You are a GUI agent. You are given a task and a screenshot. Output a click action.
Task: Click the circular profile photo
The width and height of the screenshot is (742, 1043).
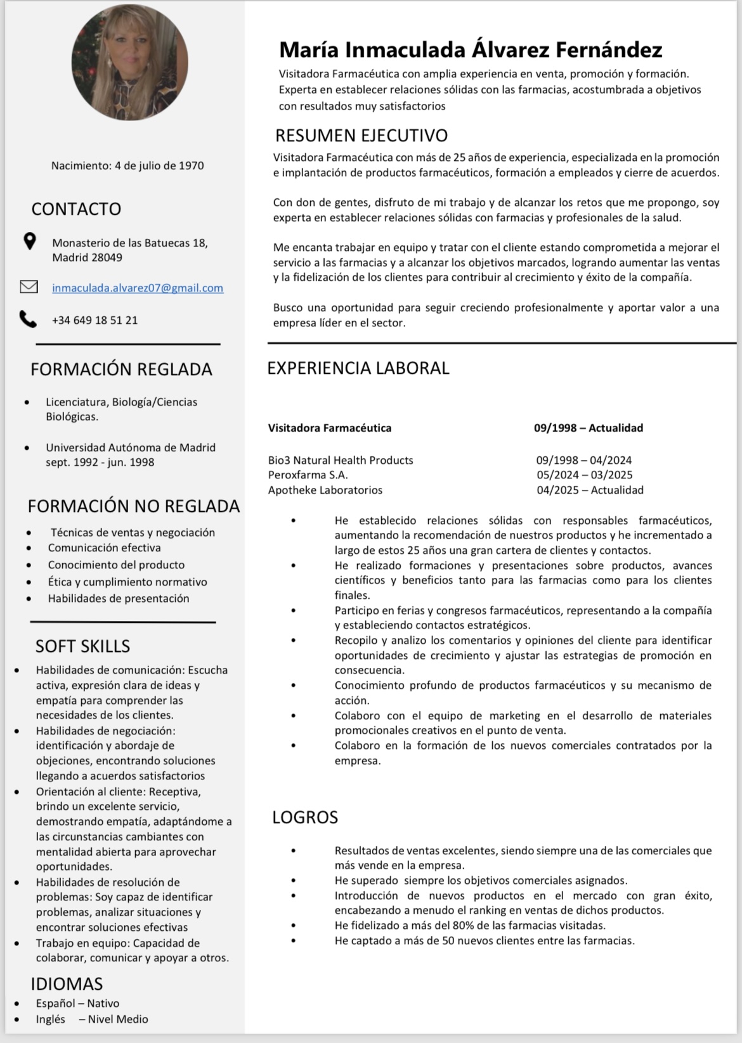(x=129, y=62)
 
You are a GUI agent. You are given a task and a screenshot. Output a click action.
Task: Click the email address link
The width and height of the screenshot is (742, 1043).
(x=138, y=288)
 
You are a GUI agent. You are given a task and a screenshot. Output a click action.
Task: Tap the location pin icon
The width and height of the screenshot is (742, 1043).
(x=29, y=241)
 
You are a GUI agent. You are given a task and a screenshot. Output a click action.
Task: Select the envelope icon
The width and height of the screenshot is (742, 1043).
(x=29, y=287)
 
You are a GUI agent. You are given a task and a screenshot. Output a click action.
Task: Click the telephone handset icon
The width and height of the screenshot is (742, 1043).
(x=28, y=319)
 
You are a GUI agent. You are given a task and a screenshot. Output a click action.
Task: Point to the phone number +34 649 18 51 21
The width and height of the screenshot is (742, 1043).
(x=94, y=320)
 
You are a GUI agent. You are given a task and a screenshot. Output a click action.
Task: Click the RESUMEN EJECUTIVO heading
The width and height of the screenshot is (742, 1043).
(x=361, y=135)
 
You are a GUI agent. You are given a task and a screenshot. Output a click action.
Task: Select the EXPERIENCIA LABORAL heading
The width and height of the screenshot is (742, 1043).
(x=358, y=368)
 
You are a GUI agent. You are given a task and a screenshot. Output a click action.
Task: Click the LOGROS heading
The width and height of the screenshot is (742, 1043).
(x=305, y=817)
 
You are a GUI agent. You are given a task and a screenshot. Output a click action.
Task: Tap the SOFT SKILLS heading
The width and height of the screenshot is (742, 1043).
(x=82, y=646)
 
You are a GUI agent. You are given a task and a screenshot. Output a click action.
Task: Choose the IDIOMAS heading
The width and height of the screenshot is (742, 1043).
(x=67, y=983)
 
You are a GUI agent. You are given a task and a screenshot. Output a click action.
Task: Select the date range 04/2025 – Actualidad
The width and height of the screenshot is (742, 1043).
(x=590, y=490)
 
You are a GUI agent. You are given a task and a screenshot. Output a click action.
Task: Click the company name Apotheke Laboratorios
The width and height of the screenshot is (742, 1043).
(x=325, y=490)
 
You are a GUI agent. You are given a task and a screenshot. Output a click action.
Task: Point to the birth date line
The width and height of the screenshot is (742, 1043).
(x=127, y=165)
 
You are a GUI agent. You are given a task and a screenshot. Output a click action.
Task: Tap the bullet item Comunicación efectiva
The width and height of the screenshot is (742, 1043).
(x=104, y=547)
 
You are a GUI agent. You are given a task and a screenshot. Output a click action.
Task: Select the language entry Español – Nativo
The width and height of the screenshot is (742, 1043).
(x=77, y=1003)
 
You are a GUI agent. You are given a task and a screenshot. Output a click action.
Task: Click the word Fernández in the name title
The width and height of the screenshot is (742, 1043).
(x=609, y=49)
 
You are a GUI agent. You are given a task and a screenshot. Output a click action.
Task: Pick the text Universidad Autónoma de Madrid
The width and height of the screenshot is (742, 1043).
(x=131, y=447)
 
